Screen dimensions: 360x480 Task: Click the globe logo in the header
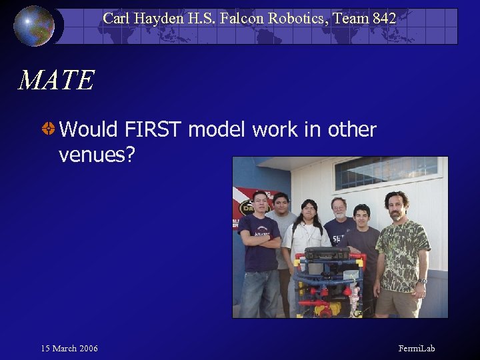tap(34, 25)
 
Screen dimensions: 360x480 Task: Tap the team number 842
tap(385, 19)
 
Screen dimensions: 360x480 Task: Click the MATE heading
tap(56, 81)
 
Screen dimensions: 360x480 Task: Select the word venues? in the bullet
tap(97, 155)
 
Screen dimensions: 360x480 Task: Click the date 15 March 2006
tap(69, 349)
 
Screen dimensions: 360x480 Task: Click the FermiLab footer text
tap(417, 349)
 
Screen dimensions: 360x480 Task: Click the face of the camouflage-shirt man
tap(396, 203)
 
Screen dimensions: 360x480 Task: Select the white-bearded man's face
tap(339, 209)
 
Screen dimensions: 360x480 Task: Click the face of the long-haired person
tap(308, 212)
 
